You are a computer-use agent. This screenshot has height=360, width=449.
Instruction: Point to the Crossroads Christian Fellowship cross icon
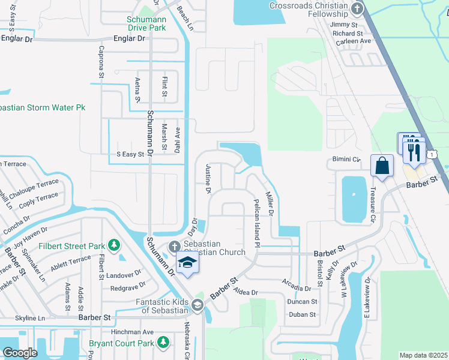point(358,9)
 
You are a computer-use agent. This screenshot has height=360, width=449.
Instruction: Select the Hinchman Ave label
point(133,332)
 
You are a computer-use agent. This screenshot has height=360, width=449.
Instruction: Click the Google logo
point(20,353)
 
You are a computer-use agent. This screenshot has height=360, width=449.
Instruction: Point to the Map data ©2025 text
point(423,355)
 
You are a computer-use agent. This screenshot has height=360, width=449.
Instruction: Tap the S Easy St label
point(131,154)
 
